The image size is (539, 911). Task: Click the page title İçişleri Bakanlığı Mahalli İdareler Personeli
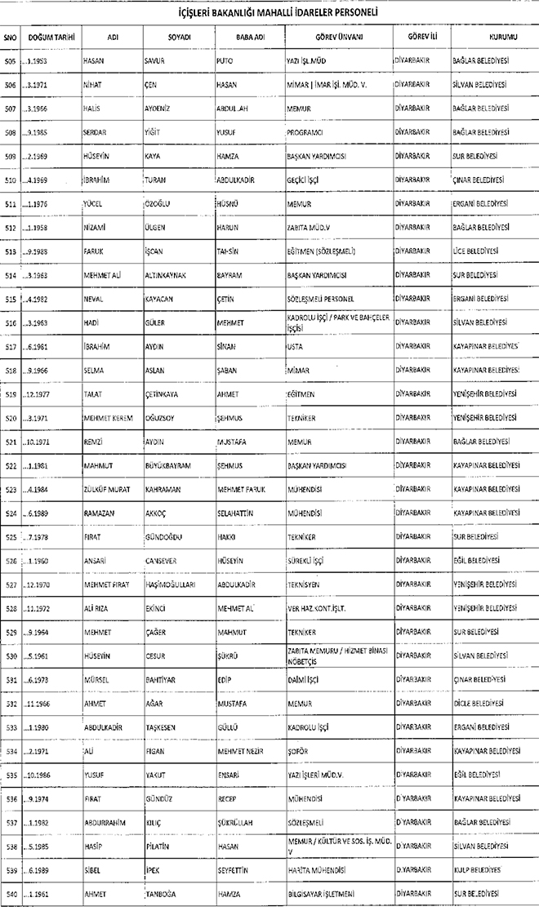(269, 14)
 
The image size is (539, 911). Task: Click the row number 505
(11, 62)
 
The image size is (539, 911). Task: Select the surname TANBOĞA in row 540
(159, 895)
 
